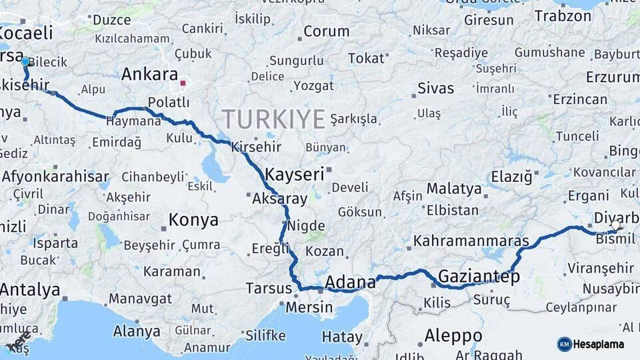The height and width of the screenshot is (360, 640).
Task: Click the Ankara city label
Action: [x=149, y=74]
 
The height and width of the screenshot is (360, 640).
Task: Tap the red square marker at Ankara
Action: [x=183, y=83]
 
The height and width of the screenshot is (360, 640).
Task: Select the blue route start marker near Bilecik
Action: [x=25, y=61]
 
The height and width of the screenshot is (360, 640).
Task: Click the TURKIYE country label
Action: [x=273, y=119]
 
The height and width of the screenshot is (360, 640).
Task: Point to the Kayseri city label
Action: [x=294, y=175]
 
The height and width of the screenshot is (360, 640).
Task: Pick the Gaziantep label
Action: [x=479, y=277]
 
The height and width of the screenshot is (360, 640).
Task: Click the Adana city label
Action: [x=351, y=283]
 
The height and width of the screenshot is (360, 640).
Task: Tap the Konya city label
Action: [x=193, y=219]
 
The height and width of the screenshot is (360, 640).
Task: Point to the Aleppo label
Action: [x=453, y=335]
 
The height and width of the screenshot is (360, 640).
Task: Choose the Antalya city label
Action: [x=30, y=291]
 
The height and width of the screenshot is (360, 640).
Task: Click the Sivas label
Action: [x=435, y=88]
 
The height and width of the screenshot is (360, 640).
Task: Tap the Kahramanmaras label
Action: [x=471, y=241]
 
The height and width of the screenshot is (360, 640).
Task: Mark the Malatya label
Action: [x=454, y=189]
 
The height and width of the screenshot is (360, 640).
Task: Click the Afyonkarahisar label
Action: [x=55, y=177]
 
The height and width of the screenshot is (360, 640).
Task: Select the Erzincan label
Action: [x=580, y=99]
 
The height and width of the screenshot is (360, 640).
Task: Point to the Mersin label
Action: [x=309, y=307]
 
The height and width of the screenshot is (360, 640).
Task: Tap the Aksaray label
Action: [x=279, y=199]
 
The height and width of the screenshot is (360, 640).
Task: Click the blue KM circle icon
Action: [x=564, y=344]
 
